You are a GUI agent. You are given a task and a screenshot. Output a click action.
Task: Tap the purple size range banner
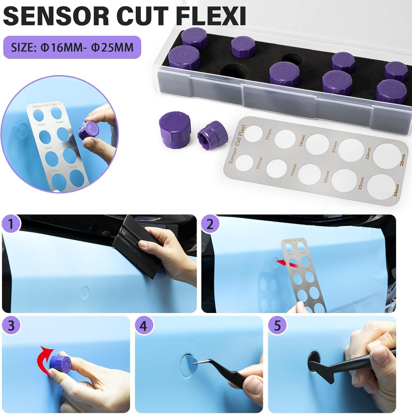click(x=72, y=47)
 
